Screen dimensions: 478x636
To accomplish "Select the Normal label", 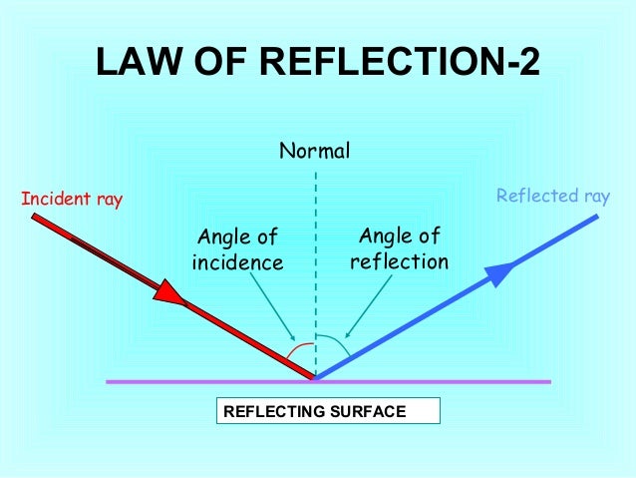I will point(314,152).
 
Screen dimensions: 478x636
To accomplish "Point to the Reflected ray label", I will point(552,197).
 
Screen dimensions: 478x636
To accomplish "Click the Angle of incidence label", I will point(237,249).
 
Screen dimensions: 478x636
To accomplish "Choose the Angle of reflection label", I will point(399,248).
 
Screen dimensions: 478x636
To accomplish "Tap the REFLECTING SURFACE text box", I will point(327,411).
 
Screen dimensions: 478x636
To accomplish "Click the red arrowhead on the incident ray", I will point(170,292).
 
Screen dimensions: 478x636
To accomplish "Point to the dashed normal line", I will point(316,249).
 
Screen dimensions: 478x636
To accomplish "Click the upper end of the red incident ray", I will point(36,216).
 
